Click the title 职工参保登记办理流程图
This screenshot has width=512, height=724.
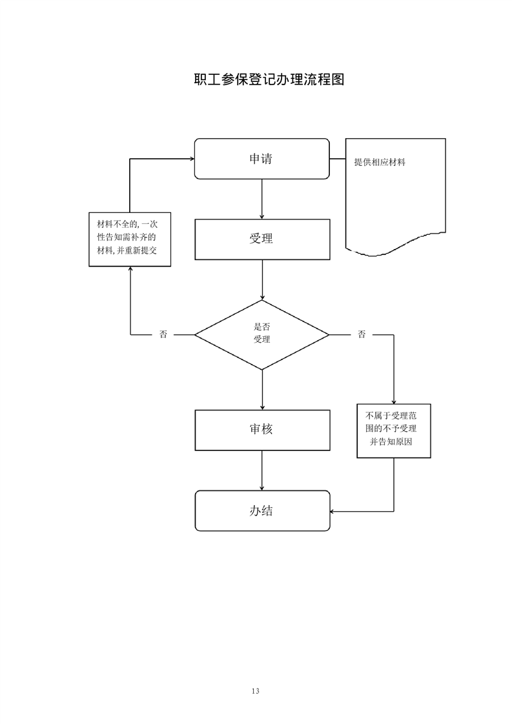click(268, 80)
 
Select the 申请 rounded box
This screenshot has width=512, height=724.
click(261, 159)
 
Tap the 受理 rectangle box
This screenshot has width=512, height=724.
click(261, 239)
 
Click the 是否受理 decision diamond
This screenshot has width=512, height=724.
click(261, 334)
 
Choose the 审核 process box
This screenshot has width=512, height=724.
click(261, 429)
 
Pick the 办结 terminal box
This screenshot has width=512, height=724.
click(261, 511)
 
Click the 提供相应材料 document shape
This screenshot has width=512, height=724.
click(395, 194)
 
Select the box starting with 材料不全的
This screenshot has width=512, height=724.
click(130, 239)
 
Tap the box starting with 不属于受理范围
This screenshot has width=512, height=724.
click(394, 430)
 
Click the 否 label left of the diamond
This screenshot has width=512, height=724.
click(163, 334)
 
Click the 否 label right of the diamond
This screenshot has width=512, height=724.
click(362, 334)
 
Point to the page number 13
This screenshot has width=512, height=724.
click(256, 691)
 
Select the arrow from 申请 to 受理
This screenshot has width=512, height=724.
click(261, 199)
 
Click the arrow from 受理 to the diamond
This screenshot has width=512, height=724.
click(261, 279)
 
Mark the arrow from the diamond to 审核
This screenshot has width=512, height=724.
click(261, 389)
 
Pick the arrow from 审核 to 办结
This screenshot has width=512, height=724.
click(261, 470)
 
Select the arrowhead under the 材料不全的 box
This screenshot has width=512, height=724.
click(130, 270)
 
